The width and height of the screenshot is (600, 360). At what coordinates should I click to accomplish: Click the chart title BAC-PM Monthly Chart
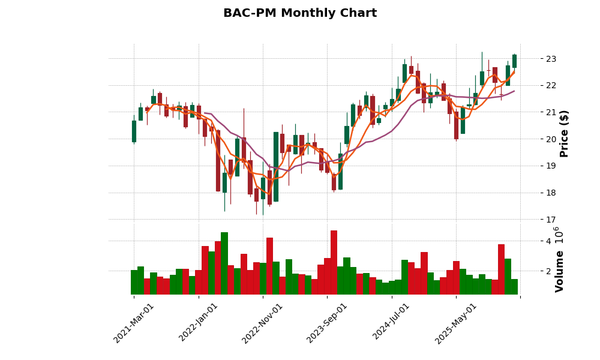[300, 13]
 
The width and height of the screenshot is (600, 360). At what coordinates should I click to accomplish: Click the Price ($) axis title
[564, 133]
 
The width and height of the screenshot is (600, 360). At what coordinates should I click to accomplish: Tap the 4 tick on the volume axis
[547, 241]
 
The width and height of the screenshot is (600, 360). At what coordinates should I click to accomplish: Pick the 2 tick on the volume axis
[547, 271]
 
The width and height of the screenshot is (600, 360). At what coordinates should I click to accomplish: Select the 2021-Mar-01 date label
[134, 323]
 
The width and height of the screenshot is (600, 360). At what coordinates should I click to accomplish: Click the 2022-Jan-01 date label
[199, 323]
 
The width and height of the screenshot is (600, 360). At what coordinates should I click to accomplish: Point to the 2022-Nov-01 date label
[262, 323]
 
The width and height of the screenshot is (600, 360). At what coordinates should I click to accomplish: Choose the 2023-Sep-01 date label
[327, 323]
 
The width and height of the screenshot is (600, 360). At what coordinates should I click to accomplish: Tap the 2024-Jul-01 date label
[391, 323]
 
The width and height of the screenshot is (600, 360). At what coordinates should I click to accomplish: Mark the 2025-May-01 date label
[456, 323]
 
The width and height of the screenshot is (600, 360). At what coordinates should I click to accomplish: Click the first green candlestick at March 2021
[134, 131]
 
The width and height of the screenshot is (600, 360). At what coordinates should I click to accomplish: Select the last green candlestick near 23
[514, 61]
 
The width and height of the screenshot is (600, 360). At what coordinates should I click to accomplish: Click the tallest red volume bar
[334, 262]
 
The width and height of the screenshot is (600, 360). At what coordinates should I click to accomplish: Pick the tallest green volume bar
[224, 263]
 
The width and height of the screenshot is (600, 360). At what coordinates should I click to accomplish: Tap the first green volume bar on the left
[134, 282]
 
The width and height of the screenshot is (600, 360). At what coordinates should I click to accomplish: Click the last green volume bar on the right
[514, 286]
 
